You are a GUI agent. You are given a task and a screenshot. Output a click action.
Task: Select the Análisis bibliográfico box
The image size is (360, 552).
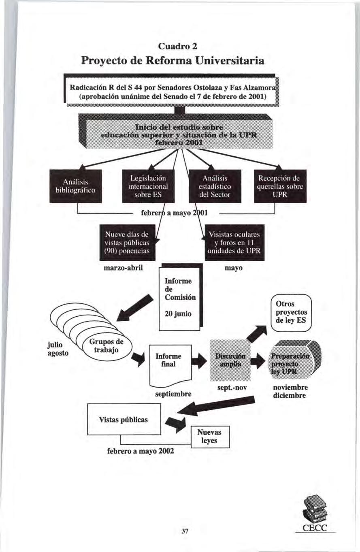click(x=75, y=187)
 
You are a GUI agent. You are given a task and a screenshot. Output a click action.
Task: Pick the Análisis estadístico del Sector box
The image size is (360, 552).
click(x=215, y=187)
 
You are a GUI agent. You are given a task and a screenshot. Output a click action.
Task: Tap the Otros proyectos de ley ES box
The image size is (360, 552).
click(x=290, y=313)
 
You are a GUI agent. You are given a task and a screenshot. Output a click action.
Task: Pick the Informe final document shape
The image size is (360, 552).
click(x=170, y=360)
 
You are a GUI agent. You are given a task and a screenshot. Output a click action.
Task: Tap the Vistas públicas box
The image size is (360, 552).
click(x=124, y=419)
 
